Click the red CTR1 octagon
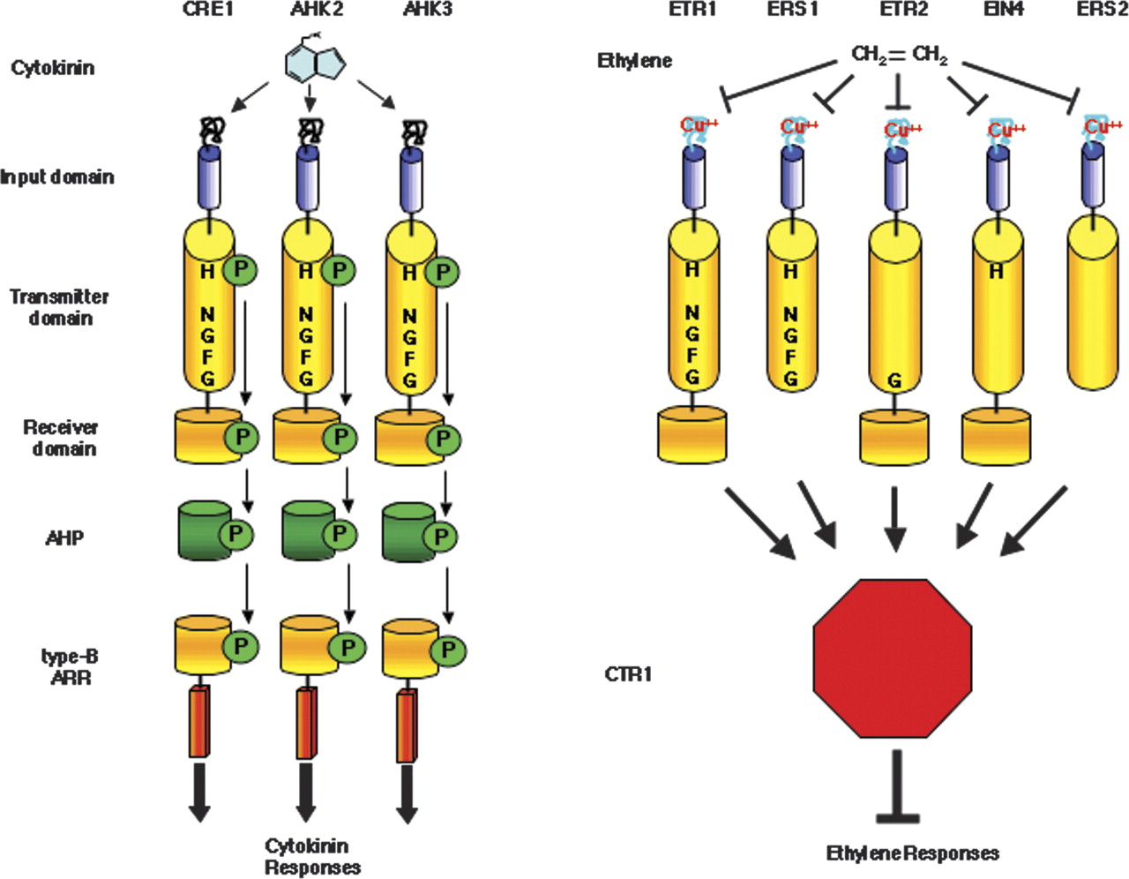(892, 657)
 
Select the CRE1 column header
(208, 10)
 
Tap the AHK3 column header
(427, 10)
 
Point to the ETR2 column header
(903, 10)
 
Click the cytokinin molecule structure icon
(314, 61)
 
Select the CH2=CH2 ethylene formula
(899, 56)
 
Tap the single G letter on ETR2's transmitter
(893, 381)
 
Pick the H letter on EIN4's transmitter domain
(996, 271)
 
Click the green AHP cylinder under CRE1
(203, 531)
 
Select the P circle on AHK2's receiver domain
(340, 437)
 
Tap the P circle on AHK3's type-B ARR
(448, 651)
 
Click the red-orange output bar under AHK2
(306, 722)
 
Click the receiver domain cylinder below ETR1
(692, 435)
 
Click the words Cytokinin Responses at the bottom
(312, 857)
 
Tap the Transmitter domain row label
(60, 307)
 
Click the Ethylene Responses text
(912, 853)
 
